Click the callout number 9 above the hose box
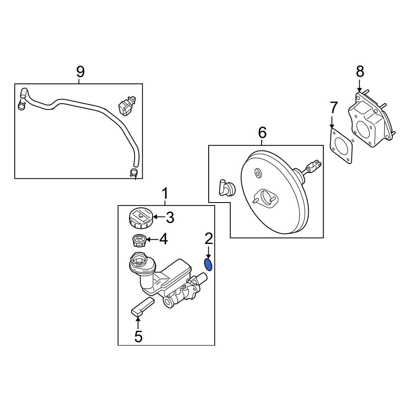coord(80,72)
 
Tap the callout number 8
coord(360,71)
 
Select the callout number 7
coord(334,107)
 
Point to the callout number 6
coord(262,132)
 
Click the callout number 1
coord(165,194)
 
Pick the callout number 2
coord(209,239)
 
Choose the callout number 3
coord(170,217)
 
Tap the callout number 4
coord(164,239)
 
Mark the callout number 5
coord(138,337)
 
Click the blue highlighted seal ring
coord(208,264)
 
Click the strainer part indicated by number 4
coord(139,240)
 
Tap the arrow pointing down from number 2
coord(209,252)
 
